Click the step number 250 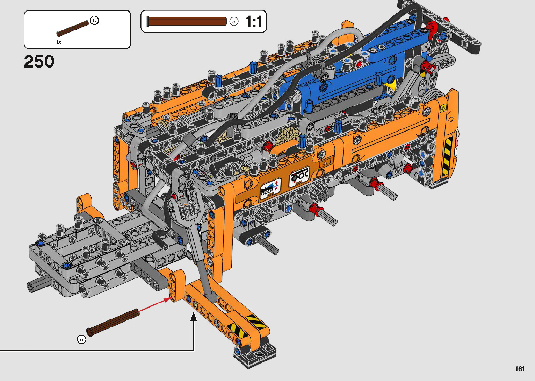click(39, 62)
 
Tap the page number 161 click(520, 369)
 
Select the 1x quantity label click(59, 42)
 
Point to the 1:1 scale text click(254, 22)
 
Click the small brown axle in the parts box click(72, 28)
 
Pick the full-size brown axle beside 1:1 click(187, 21)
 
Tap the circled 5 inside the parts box click(94, 21)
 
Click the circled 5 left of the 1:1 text click(234, 22)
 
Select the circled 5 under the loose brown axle click(81, 340)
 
